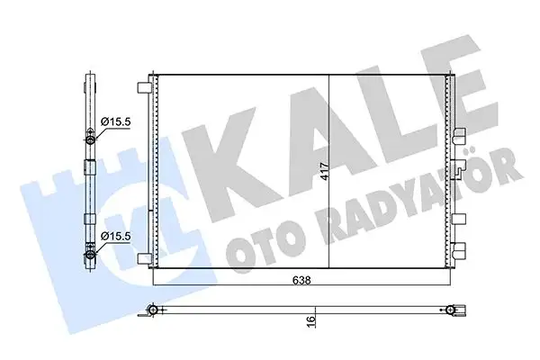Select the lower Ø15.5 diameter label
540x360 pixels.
click(114, 236)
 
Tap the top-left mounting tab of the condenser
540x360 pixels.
click(142, 88)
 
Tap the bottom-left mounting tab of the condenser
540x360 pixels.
click(142, 257)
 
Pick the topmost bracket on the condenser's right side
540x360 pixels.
click(459, 137)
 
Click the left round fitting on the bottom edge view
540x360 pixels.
click(156, 311)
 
